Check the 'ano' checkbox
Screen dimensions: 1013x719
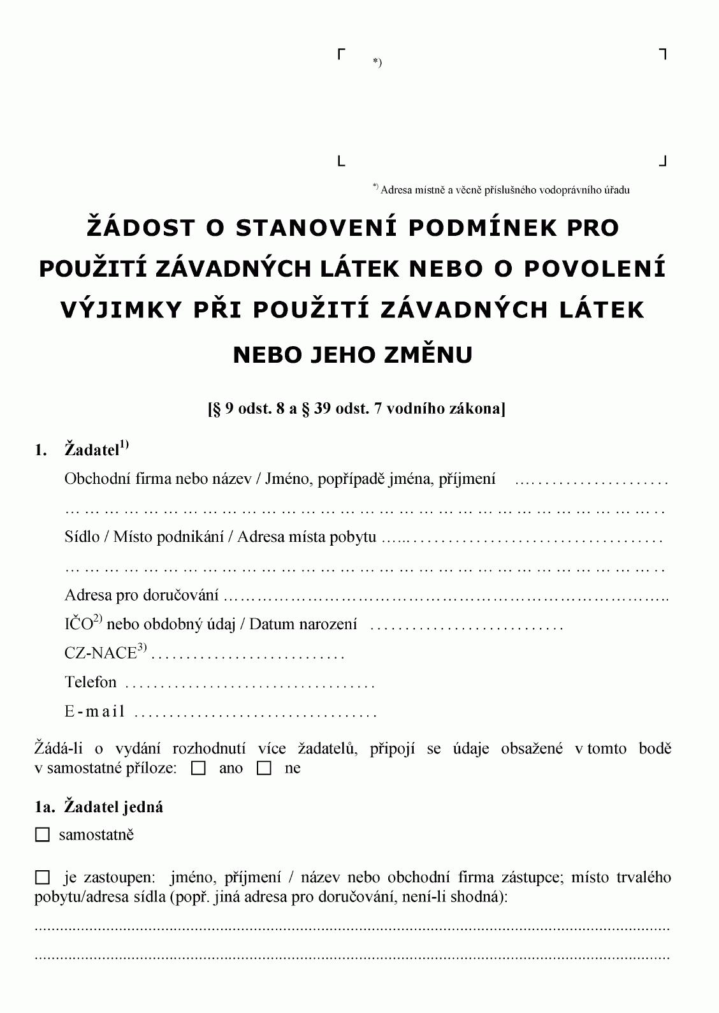199,769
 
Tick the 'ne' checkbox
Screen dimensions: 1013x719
264,769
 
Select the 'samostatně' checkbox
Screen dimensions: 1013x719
42,835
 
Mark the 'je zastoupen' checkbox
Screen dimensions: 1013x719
42,878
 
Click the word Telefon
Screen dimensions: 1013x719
91,682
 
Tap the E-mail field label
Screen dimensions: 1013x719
94,711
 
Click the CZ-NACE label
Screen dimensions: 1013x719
101,653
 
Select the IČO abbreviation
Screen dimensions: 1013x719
79,624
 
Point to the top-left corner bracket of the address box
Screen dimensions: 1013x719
342,54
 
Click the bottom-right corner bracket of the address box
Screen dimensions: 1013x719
662,161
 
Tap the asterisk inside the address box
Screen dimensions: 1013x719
377,62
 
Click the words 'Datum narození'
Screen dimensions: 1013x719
303,624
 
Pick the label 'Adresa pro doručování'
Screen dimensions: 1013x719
142,595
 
